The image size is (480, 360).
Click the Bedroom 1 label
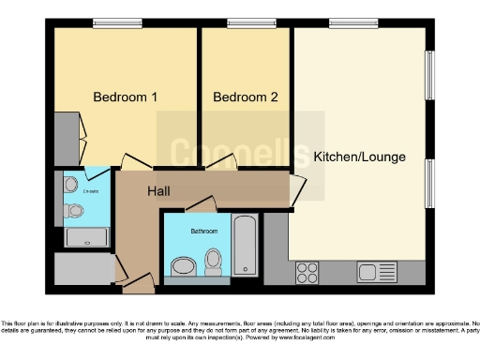coord(125,97)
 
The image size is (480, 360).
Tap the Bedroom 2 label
coord(245,97)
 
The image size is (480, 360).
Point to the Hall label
coord(158,191)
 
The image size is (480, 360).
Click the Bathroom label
coord(203,231)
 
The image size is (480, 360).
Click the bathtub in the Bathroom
coord(245,246)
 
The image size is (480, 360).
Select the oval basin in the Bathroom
coord(183,267)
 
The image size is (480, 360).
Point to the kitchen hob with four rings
coord(307,272)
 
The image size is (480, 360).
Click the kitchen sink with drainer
coord(379,272)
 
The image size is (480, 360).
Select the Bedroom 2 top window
coord(245,23)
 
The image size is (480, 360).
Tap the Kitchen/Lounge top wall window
coord(346,23)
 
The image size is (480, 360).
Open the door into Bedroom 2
coord(221,165)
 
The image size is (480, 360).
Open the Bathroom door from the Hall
coord(201,204)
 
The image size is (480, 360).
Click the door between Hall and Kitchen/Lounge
coord(297,191)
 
